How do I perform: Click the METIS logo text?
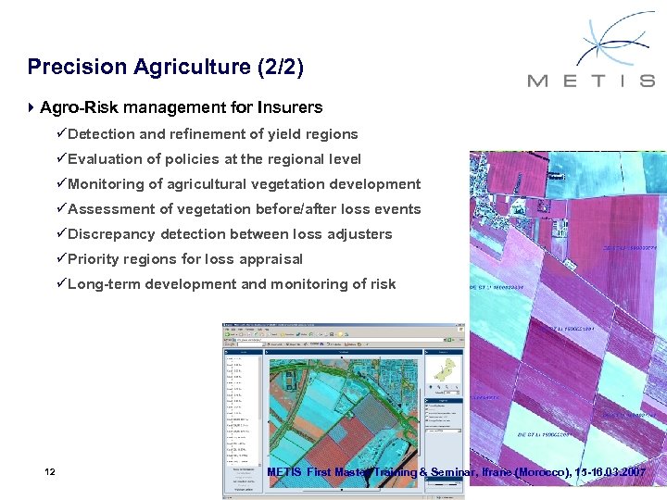tap(591, 81)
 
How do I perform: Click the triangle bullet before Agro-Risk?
tap(32, 108)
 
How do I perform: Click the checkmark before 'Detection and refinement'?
tap(61, 134)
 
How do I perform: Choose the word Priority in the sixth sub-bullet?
tap(95, 259)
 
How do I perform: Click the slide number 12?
tap(50, 473)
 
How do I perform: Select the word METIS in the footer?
tap(284, 473)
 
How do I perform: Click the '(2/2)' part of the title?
tap(280, 67)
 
